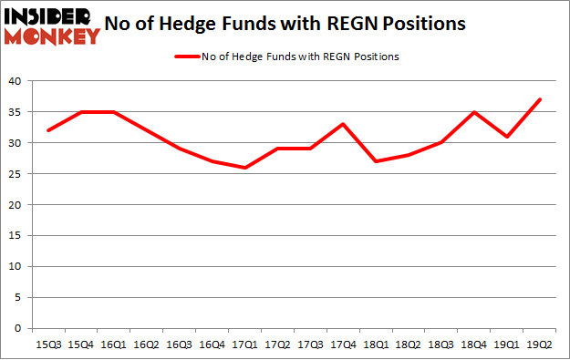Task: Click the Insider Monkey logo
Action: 51,26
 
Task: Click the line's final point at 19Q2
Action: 540,99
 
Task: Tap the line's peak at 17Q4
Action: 341,124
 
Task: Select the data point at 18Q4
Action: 473,112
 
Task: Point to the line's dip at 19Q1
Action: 507,137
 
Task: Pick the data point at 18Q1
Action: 375,161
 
